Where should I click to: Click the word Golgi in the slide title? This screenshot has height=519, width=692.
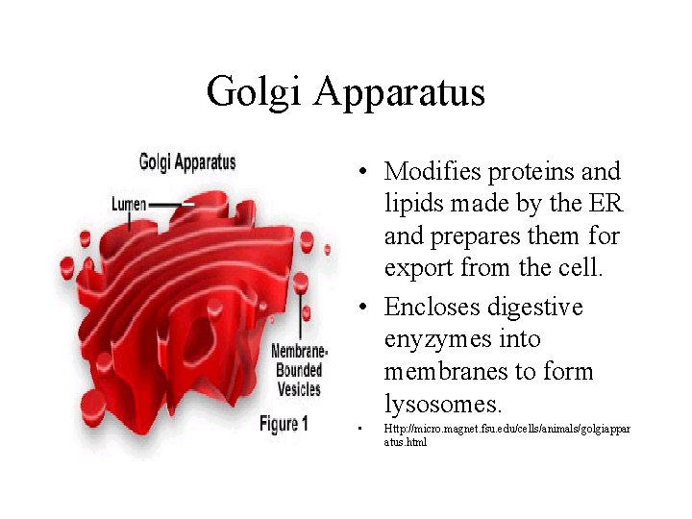tap(254, 93)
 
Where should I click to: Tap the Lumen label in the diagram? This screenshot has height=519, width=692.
tap(129, 205)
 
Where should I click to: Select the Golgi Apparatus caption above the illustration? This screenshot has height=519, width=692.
tap(187, 161)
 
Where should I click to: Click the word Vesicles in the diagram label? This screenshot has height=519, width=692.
tap(298, 389)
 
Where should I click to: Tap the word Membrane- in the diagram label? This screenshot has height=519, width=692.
tap(301, 352)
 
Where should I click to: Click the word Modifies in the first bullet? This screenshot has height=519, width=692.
tap(432, 172)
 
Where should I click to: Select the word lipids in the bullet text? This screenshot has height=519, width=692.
tap(413, 204)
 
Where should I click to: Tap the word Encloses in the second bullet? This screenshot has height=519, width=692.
tap(434, 308)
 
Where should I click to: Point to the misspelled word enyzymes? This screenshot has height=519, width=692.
tap(435, 340)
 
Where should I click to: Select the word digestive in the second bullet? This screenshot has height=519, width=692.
tap(536, 308)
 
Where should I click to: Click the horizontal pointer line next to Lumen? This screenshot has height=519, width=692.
tap(171, 205)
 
